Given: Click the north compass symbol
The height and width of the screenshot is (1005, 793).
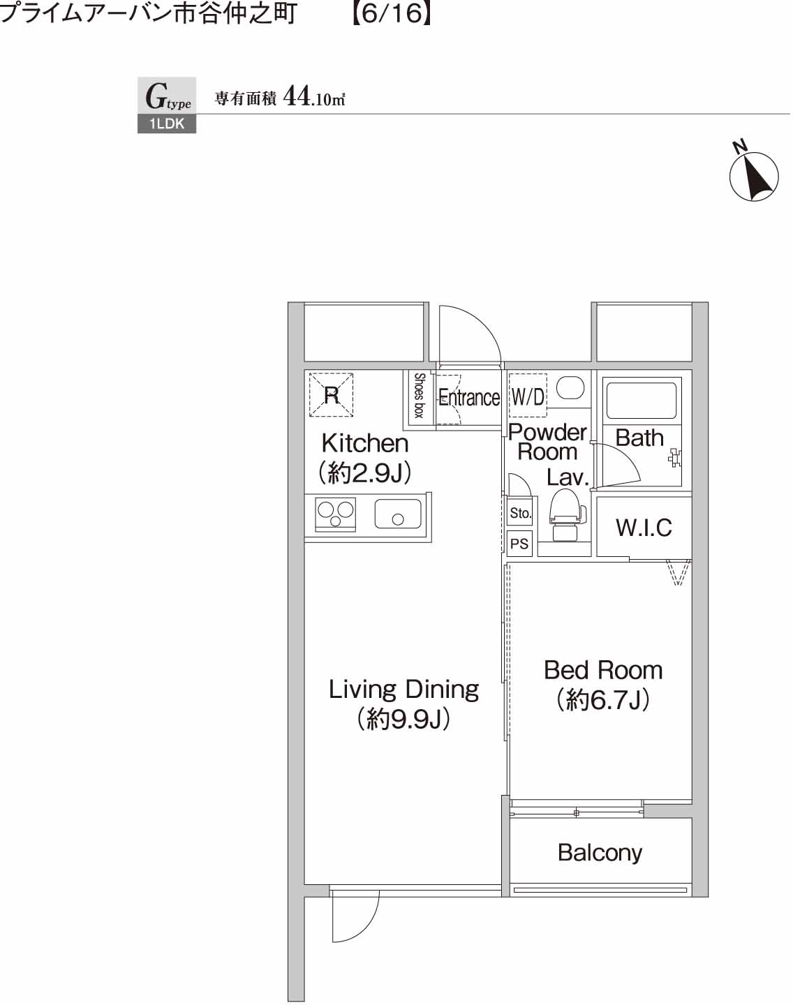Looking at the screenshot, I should [x=754, y=176].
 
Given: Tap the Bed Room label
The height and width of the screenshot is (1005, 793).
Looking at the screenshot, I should [x=603, y=671].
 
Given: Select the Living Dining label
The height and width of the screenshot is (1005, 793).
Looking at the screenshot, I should [x=403, y=690].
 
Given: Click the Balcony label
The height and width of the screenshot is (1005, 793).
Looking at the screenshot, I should [x=600, y=852].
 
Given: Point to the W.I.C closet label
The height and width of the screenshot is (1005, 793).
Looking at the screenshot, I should [x=644, y=528].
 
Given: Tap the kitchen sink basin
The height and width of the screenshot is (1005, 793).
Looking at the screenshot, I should [x=398, y=514].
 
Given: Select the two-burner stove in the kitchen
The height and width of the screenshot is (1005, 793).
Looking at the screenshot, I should [x=336, y=514].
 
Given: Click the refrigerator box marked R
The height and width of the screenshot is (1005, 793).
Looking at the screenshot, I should [x=332, y=395].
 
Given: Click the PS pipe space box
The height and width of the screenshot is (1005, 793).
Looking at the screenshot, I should [x=519, y=544].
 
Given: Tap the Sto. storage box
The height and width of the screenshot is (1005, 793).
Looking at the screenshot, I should [x=520, y=513].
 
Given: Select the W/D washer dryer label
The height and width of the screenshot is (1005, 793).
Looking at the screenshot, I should [x=528, y=397].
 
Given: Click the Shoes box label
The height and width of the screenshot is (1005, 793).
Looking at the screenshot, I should [x=420, y=396].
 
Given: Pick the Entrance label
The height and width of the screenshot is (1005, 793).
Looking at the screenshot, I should [x=469, y=398].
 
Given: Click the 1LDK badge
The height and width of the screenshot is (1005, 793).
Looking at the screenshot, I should [x=167, y=124].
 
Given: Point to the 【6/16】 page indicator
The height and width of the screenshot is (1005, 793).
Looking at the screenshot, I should [x=391, y=13].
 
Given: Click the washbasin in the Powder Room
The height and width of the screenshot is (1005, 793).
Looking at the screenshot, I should [x=570, y=388].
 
